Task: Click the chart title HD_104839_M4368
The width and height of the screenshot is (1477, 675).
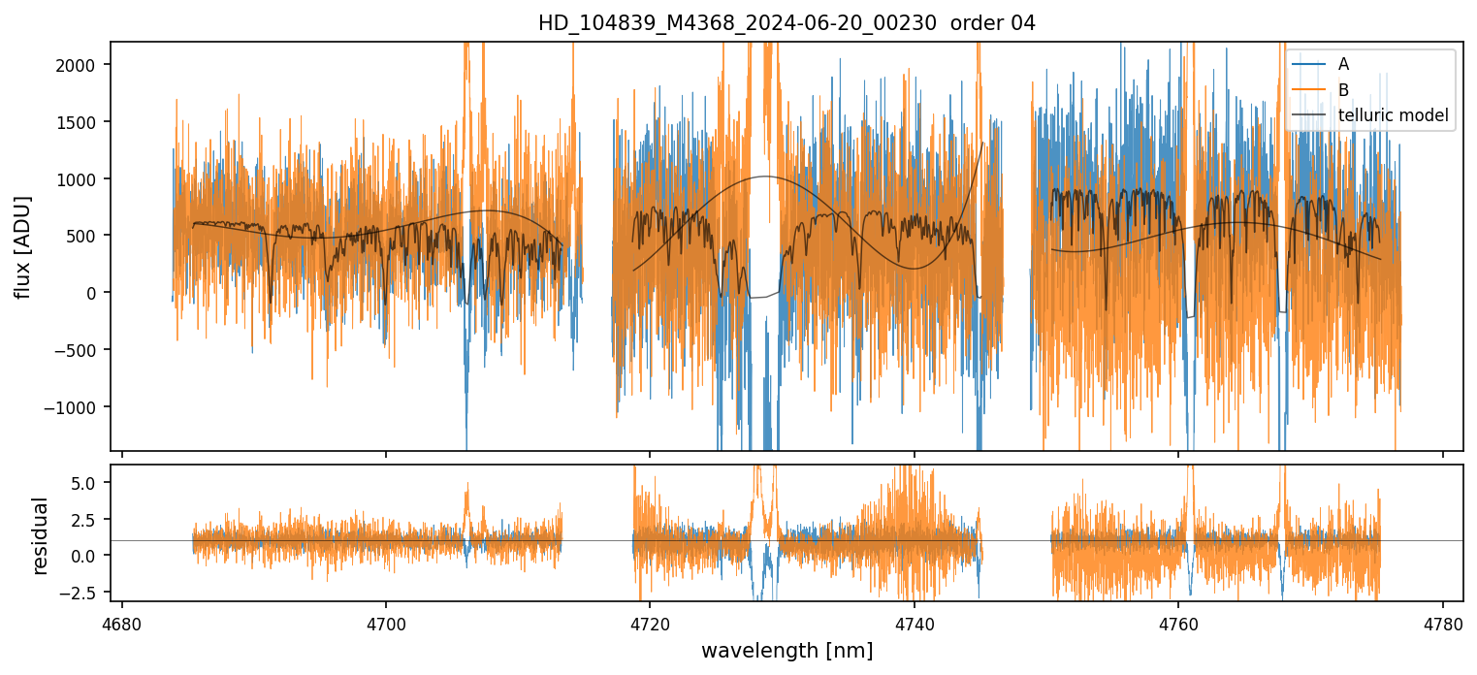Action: click(787, 23)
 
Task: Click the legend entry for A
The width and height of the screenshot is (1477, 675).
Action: click(1343, 64)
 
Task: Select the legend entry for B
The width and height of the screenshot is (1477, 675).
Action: click(1343, 90)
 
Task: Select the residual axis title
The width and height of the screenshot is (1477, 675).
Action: click(41, 535)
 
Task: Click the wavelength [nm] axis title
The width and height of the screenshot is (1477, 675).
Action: click(787, 650)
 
